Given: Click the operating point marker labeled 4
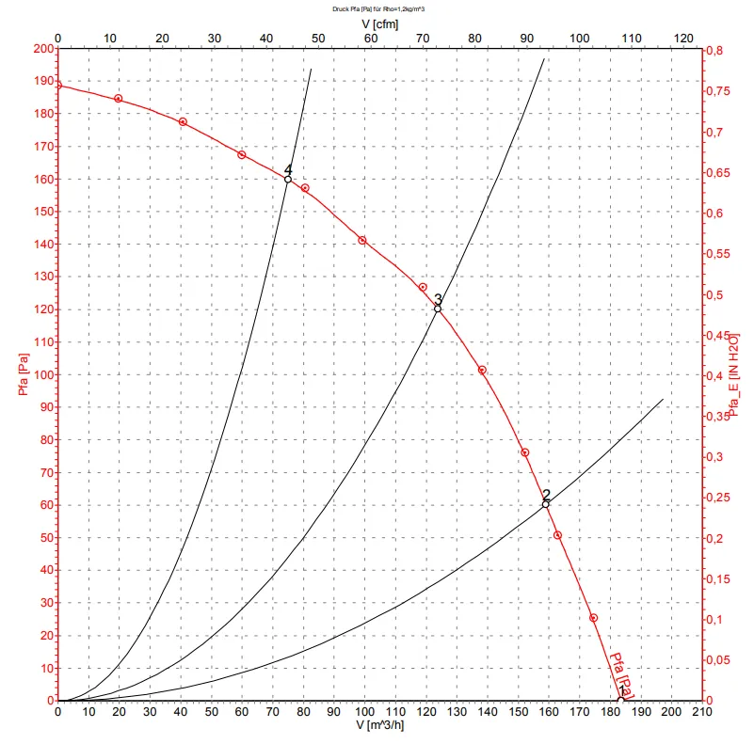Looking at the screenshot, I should pyautogui.click(x=288, y=179).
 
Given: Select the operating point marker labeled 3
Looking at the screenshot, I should pyautogui.click(x=438, y=309).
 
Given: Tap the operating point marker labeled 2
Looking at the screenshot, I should pyautogui.click(x=545, y=504).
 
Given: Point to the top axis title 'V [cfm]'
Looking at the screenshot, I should pyautogui.click(x=379, y=23).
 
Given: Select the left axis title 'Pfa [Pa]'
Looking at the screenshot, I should pyautogui.click(x=12, y=374).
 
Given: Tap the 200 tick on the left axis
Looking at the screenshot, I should pyautogui.click(x=42, y=49).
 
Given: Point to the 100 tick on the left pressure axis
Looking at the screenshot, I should pyautogui.click(x=42, y=374).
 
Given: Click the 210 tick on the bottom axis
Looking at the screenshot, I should pyautogui.click(x=702, y=713).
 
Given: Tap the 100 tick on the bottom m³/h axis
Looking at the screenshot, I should pyautogui.click(x=364, y=713).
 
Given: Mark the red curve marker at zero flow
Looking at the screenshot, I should pyautogui.click(x=58, y=85).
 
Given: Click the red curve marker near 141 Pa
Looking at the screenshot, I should pyautogui.click(x=361, y=241).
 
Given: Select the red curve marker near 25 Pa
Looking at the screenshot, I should pyautogui.click(x=593, y=618).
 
